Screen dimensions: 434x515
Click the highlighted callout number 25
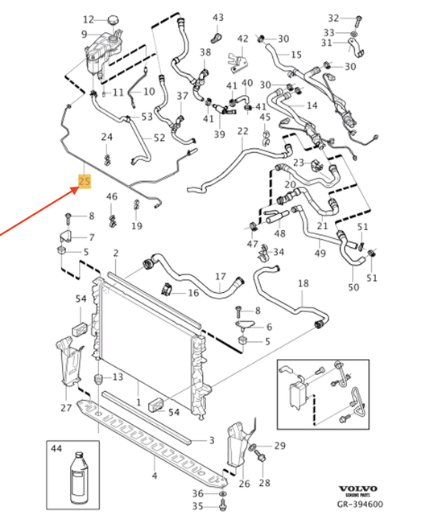(84, 181)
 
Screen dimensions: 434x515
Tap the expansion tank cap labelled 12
(113, 19)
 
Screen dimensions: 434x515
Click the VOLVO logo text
(358, 488)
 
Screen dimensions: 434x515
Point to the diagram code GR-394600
(360, 504)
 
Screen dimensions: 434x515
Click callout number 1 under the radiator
(138, 402)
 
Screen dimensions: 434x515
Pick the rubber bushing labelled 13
(98, 379)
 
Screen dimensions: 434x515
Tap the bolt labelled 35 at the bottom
(223, 506)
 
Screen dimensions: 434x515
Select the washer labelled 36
(222, 494)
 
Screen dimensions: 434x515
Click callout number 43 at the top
(218, 18)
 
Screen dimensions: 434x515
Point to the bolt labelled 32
(358, 21)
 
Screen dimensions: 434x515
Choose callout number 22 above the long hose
(243, 131)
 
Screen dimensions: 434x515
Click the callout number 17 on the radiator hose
(221, 277)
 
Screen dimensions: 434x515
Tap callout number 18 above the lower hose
(304, 283)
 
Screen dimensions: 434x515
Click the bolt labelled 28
(262, 457)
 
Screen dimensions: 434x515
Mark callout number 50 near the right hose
(353, 287)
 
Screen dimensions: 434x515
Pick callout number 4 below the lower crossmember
(155, 475)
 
